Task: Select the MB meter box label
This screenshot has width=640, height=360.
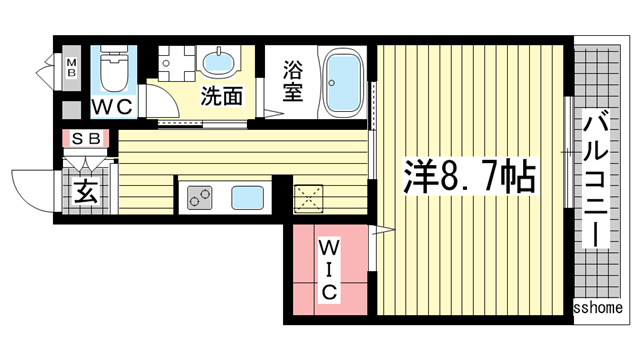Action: click(72, 67)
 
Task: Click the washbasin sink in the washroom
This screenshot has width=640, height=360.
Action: click(217, 64)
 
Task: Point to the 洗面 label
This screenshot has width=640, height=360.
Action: click(222, 97)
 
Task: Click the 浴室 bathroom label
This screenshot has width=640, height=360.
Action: click(292, 83)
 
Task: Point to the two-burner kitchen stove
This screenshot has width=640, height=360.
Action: click(197, 197)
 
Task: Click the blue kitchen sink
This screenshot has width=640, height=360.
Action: click(247, 197)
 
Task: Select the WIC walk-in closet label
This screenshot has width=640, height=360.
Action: click(329, 268)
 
